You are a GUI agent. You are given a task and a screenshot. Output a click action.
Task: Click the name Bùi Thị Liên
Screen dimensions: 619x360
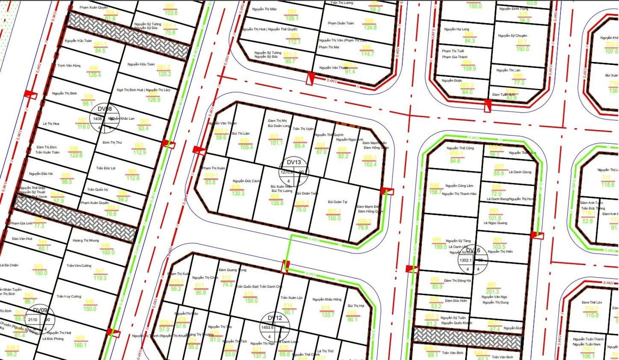241,134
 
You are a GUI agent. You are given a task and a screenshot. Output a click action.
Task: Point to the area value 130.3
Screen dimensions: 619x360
238,193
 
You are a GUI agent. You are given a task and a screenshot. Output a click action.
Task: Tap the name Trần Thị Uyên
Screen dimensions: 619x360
303,129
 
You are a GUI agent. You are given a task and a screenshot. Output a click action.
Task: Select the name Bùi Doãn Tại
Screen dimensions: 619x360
337,201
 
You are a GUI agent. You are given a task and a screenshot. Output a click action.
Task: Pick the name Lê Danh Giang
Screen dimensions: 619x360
520,172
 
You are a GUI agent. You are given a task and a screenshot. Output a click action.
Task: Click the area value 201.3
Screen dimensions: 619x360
492,292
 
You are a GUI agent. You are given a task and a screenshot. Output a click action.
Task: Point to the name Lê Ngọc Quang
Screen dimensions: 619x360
495,223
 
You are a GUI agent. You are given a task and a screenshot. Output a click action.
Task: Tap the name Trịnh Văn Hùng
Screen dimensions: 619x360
68,65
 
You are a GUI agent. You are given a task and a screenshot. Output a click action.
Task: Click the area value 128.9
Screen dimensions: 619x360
153,100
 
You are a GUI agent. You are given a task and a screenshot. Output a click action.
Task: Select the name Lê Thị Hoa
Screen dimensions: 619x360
51,123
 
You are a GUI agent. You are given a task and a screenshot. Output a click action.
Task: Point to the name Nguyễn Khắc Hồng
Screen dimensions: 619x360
327,299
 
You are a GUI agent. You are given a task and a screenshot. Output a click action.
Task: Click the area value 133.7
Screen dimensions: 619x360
328,315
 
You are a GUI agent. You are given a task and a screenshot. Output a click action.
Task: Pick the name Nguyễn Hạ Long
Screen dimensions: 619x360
456,29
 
